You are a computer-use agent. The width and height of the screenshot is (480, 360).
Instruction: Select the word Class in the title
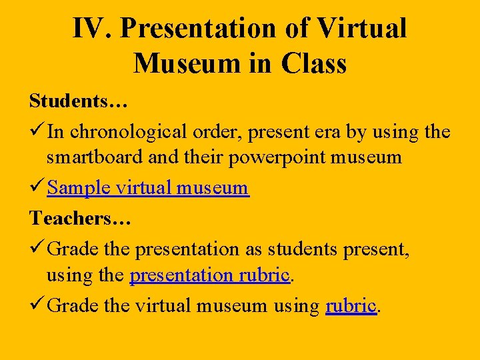[313, 63]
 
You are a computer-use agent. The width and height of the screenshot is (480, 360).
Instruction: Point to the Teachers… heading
[80, 218]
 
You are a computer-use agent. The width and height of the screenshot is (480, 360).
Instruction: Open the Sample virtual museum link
[148, 188]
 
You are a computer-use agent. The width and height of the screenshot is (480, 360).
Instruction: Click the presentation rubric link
[210, 275]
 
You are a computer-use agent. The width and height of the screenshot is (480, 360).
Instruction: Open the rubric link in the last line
[351, 306]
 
